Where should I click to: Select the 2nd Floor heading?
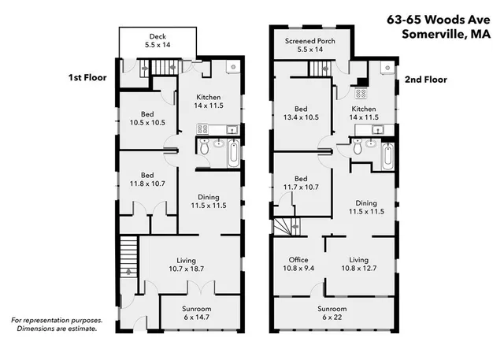pyautogui.click(x=426, y=80)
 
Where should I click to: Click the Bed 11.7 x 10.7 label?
pyautogui.click(x=300, y=183)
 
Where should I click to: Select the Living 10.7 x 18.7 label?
pyautogui.click(x=186, y=265)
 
